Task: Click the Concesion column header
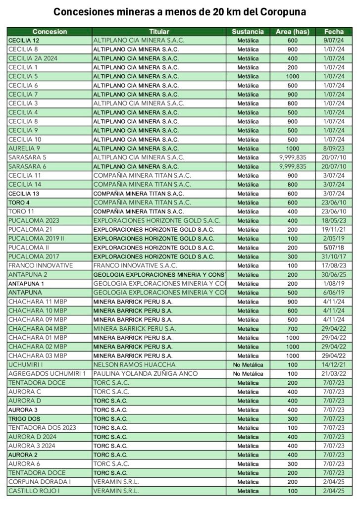click(x=50, y=31)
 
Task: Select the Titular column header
click(x=159, y=31)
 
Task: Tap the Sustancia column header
click(x=248, y=31)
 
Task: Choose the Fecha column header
click(x=334, y=31)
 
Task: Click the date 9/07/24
click(x=334, y=40)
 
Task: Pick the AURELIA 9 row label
click(x=24, y=148)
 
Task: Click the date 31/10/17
click(x=334, y=256)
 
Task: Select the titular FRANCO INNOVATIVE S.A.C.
click(x=135, y=265)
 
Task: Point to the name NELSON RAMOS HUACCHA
click(x=134, y=365)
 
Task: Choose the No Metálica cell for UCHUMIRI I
click(x=248, y=365)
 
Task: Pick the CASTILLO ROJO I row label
click(x=34, y=491)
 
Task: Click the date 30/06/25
click(x=334, y=274)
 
